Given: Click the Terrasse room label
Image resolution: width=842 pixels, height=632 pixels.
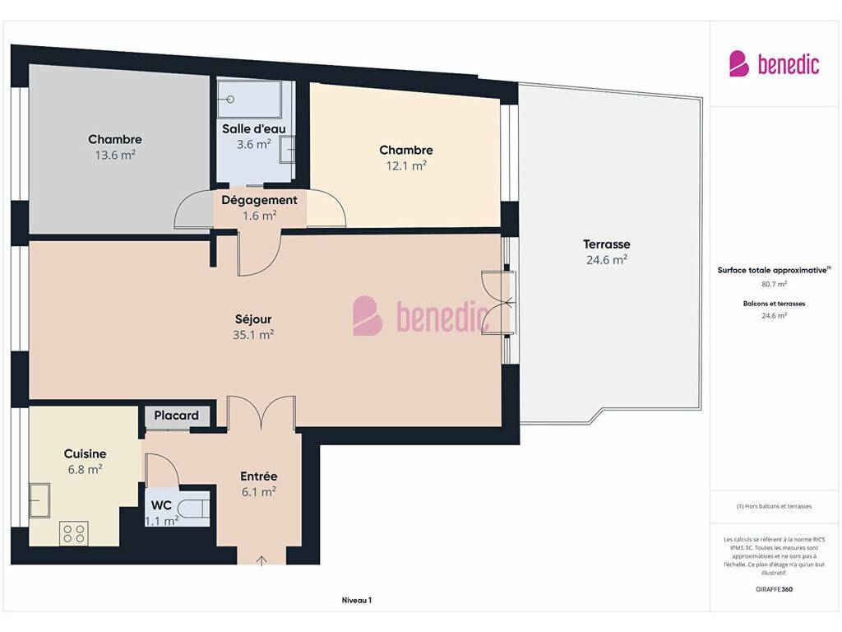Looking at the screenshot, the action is coord(606,244).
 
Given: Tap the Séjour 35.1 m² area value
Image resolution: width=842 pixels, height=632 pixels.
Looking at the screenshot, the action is coord(253,335).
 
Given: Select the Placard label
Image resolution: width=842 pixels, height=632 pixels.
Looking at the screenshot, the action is coord(176,416).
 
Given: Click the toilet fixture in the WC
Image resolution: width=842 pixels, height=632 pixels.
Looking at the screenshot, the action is coord(192,507).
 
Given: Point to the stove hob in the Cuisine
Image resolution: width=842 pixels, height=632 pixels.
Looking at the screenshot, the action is coord(74,533).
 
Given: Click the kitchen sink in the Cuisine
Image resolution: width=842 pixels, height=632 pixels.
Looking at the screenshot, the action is coord(39,500).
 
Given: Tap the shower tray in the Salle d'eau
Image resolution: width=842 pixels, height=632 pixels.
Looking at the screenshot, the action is coord(249,100).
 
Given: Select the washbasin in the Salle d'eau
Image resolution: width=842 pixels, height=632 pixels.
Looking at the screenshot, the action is coord(287,150).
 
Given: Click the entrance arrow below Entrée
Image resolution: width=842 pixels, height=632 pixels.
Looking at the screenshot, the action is coord(261,561).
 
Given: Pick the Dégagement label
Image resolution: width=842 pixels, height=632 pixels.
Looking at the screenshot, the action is coord(259,200).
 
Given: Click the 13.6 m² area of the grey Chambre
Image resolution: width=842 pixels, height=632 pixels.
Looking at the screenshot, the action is coord(115,156).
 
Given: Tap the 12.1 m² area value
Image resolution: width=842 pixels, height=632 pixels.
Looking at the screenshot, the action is coord(406,166).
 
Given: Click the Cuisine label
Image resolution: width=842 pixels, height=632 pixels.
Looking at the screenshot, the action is coord(85,454).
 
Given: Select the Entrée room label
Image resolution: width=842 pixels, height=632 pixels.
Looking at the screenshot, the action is coord(259,476).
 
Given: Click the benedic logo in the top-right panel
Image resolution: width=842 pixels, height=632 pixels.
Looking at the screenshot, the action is coord(774,64).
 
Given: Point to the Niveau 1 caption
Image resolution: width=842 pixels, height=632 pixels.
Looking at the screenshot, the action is coord(357,600).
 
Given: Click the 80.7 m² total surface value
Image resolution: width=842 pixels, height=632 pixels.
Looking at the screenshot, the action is coord(774,284).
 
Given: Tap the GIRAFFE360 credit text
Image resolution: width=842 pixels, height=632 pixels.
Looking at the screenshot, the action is coord(774,589).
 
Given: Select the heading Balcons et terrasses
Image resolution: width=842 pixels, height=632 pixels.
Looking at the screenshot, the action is coord(774,304).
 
